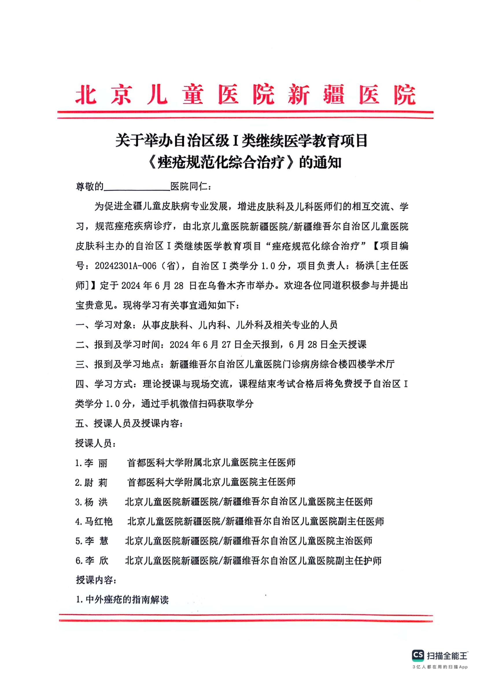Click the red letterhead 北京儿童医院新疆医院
tap(245, 95)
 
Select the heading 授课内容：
tap(96, 580)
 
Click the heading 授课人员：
tap(96, 443)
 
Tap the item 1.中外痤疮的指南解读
tap(122, 600)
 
